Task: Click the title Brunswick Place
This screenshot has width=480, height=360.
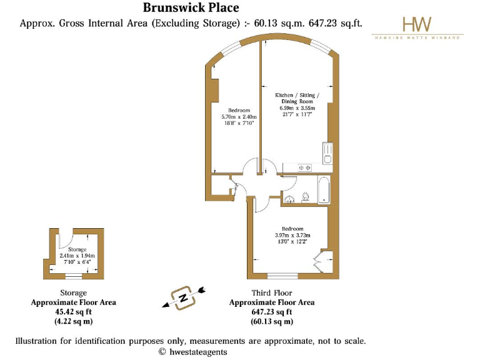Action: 182,8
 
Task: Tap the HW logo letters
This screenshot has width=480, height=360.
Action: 416,24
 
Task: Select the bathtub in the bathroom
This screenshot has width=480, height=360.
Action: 323,190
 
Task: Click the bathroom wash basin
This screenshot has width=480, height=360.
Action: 289,198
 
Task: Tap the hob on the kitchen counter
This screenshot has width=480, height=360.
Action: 304,167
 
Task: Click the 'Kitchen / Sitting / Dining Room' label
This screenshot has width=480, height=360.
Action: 297,98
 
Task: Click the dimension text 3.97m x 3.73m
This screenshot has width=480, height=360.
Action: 292,235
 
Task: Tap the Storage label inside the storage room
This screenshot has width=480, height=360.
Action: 77,249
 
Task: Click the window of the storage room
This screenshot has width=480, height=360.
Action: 74,276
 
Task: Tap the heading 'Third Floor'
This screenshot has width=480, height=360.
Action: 271,292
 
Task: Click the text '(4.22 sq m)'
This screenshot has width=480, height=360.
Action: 73,322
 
